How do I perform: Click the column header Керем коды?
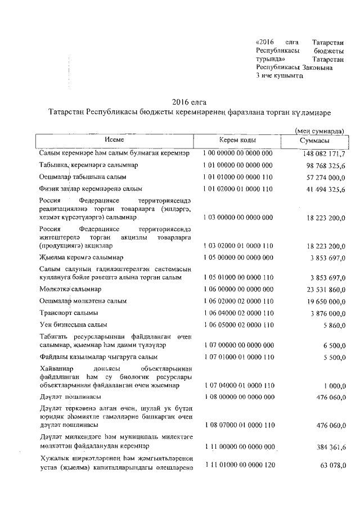(x=238, y=140)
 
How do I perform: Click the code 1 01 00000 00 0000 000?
(x=238, y=165)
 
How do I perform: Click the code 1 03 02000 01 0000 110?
(x=238, y=246)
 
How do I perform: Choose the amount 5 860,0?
(x=334, y=325)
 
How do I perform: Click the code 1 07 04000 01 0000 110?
(x=238, y=385)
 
